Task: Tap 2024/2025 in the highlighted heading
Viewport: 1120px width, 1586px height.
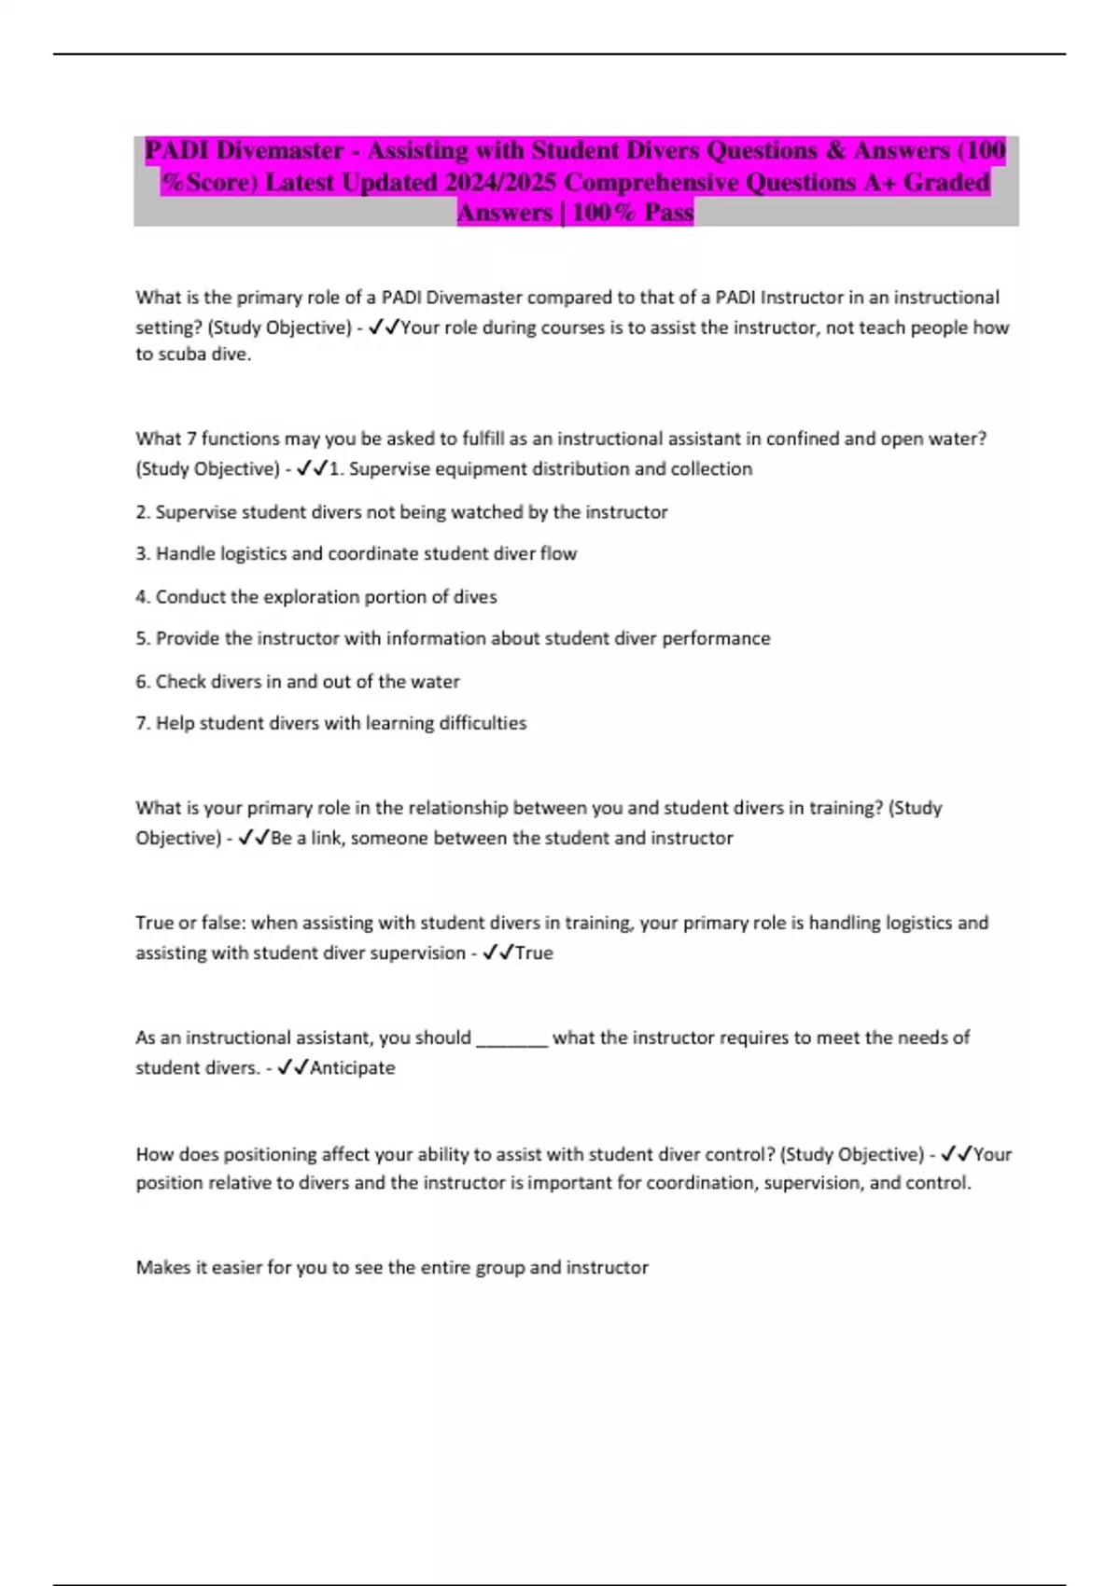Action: [x=500, y=182]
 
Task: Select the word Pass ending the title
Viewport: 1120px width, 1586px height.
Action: [x=669, y=213]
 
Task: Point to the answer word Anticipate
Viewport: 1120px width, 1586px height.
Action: [x=352, y=1067]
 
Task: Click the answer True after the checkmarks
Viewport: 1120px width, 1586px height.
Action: [x=534, y=953]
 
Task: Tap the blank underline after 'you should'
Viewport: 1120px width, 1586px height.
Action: [x=511, y=1038]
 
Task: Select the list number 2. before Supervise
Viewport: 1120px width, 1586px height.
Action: [x=143, y=512]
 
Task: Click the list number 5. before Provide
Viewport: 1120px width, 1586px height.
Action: [x=143, y=638]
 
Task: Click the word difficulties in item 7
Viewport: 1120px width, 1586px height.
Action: [x=484, y=723]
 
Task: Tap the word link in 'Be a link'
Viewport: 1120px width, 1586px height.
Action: [x=326, y=838]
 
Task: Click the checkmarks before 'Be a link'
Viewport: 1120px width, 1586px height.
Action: [x=254, y=838]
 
